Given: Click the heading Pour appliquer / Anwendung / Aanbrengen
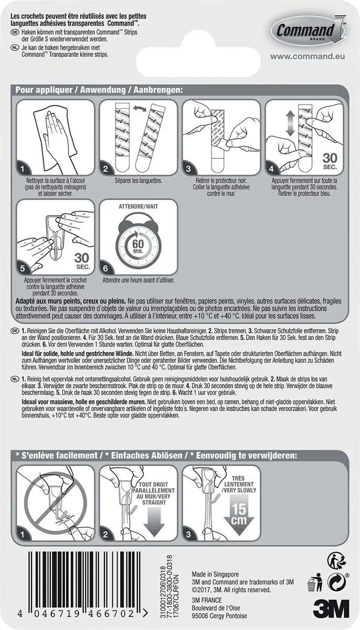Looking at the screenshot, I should click(99, 90).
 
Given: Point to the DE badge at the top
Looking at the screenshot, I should click(15, 33).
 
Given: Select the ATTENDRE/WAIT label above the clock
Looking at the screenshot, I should click(135, 207).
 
